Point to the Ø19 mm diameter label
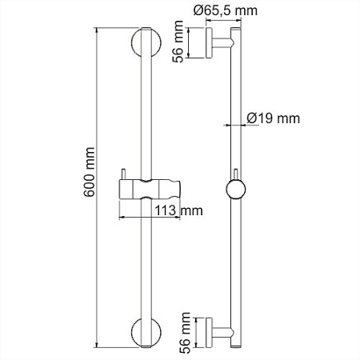tap(273, 118)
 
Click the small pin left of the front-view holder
tap(124, 176)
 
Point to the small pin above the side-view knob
tap(235, 176)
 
